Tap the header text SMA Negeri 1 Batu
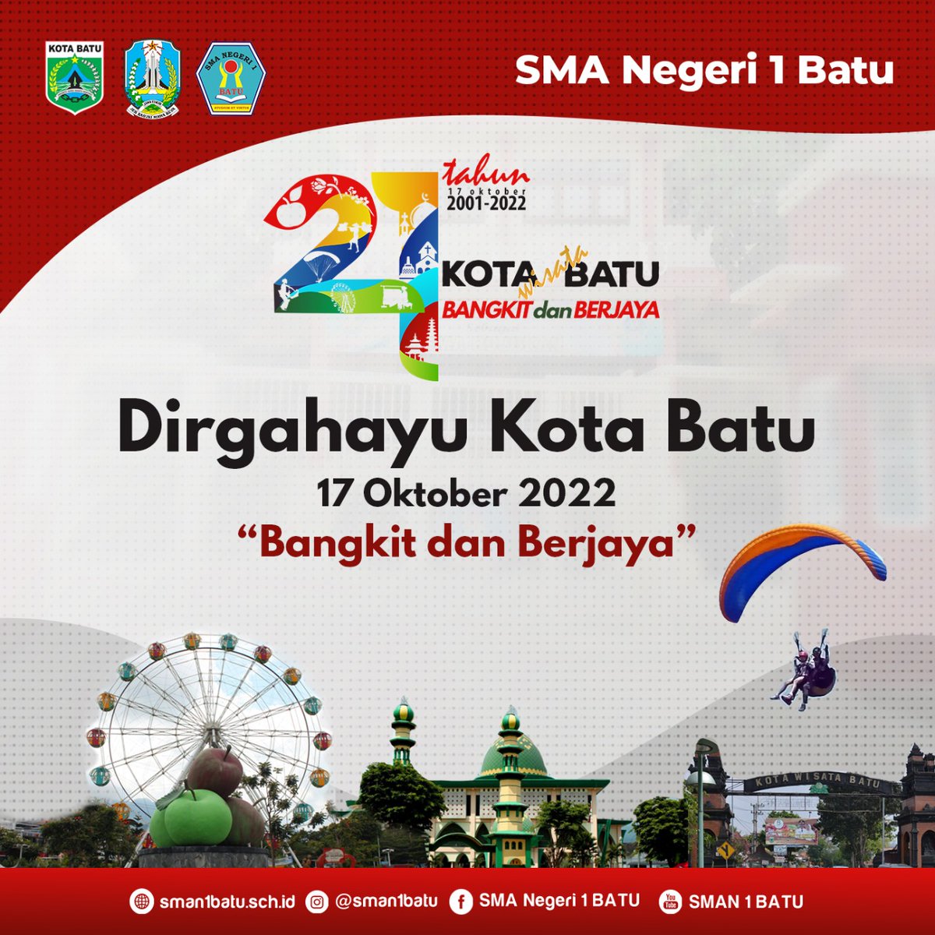point(704,71)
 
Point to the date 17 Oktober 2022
point(466,495)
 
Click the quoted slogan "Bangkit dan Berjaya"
point(466,542)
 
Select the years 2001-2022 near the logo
point(486,203)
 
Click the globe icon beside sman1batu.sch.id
point(141,902)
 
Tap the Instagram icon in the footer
point(316,902)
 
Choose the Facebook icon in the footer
point(461,902)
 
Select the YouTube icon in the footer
point(669,902)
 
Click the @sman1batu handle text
point(386,901)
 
